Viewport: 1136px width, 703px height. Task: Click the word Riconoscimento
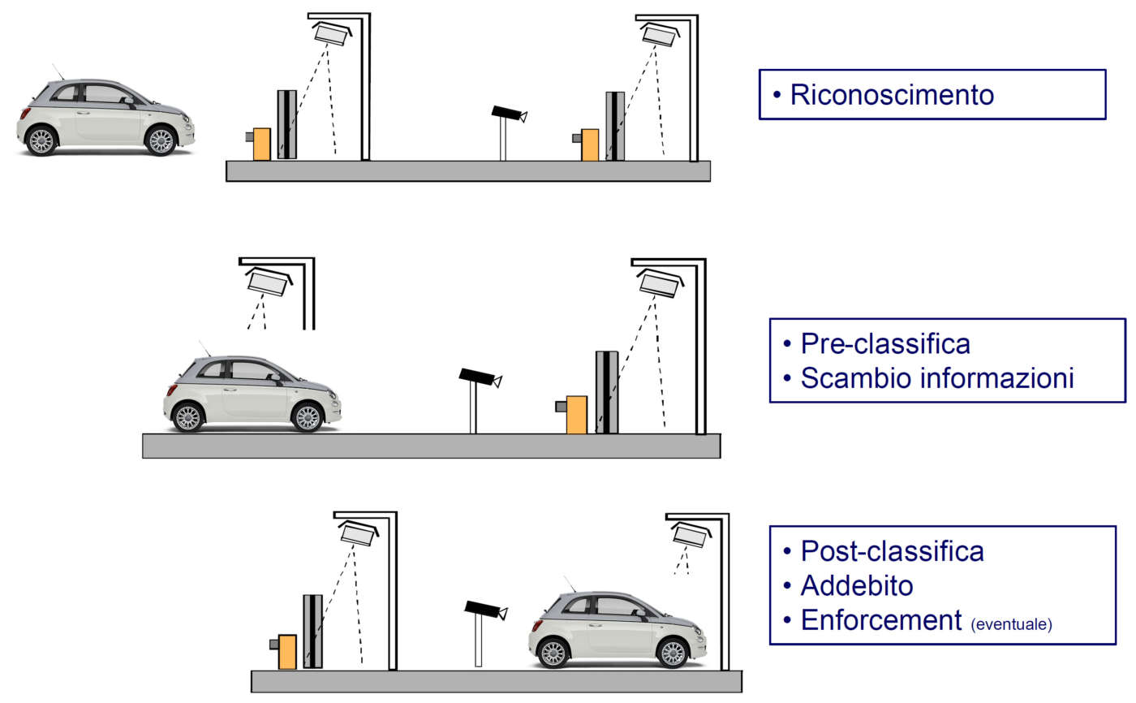[892, 95]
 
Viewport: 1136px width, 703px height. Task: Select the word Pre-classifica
[885, 343]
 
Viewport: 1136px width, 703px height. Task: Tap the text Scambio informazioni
[937, 378]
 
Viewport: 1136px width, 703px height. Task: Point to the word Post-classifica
[892, 551]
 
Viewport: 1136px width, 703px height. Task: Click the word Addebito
[857, 585]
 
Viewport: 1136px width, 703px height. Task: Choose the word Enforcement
[881, 620]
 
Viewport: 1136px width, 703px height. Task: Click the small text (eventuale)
[1011, 624]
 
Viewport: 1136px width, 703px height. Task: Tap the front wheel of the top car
[161, 141]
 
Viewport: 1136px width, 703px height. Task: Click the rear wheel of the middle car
[187, 418]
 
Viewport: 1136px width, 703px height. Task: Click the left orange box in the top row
[261, 144]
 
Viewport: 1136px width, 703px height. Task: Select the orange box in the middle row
[576, 414]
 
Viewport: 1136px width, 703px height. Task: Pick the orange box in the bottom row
[286, 652]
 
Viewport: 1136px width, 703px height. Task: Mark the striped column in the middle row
[606, 391]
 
